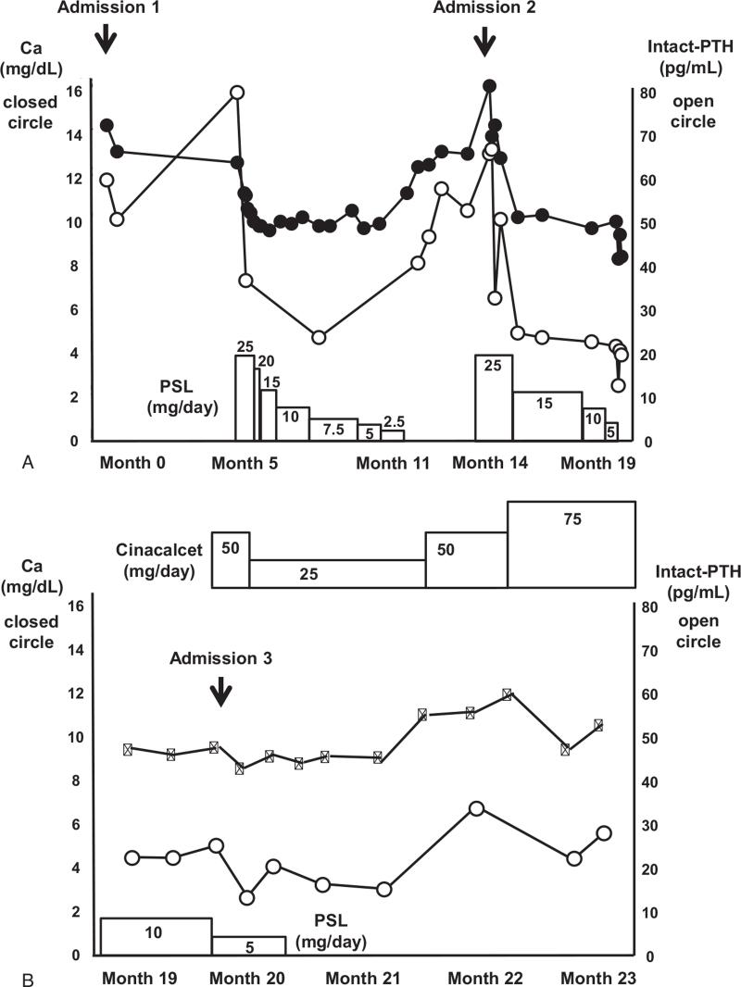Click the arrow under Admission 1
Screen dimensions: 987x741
107,38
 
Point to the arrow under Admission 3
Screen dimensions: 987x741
220,691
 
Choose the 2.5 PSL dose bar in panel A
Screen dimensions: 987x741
393,435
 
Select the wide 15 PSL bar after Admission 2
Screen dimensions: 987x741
546,416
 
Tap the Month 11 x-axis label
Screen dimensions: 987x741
393,463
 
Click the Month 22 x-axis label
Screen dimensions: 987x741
485,977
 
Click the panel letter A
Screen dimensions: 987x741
28,462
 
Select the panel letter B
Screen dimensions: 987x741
28,976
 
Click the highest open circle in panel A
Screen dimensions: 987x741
237,92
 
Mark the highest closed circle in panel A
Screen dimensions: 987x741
489,86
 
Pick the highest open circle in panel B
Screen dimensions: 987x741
476,808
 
